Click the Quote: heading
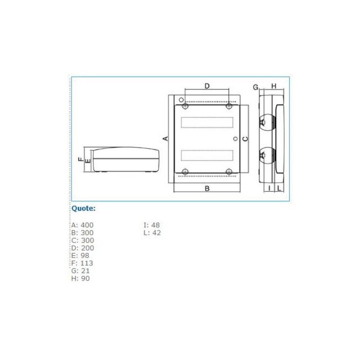(84, 208)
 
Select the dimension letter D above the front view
(207, 86)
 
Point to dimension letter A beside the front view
(165, 138)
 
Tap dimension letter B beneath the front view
(207, 189)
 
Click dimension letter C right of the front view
(245, 139)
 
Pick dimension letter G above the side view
(255, 87)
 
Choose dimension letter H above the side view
(274, 86)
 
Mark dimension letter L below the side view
(279, 188)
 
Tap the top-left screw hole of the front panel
(185, 106)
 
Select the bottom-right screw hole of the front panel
(229, 171)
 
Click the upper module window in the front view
(207, 122)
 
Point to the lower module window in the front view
(207, 155)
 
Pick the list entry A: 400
(82, 225)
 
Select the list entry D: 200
(82, 248)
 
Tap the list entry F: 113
(82, 263)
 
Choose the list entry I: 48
(152, 225)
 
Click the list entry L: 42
(152, 233)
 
